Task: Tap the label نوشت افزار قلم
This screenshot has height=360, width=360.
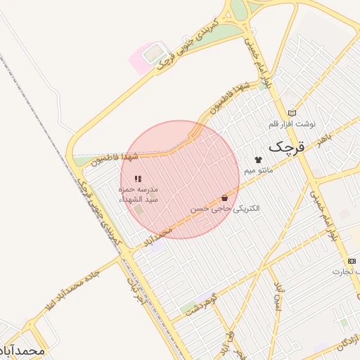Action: pos(292,124)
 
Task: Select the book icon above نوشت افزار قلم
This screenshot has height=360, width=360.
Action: pos(292,113)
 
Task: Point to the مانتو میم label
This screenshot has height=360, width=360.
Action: pos(259,171)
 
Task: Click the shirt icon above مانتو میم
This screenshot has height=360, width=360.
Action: pos(258,160)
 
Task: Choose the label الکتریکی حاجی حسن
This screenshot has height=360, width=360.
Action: pos(225,209)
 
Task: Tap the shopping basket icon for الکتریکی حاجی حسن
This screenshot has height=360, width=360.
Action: pos(224,198)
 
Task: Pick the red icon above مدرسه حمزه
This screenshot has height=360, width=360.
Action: pos(138,179)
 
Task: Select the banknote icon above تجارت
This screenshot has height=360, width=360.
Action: pos(352,261)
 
